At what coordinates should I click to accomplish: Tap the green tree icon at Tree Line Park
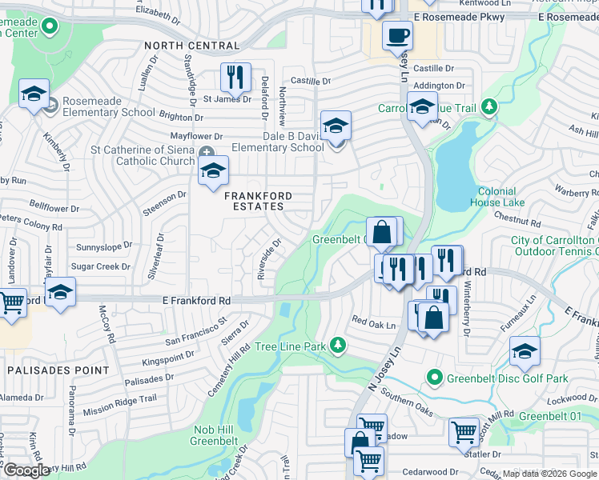coord(339,345)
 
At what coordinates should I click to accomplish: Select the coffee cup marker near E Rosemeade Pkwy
coord(397,35)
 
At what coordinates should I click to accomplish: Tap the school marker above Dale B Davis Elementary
coord(336,126)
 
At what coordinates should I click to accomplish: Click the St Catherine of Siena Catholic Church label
coord(143,155)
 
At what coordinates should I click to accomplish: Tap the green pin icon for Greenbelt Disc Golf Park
coord(434,376)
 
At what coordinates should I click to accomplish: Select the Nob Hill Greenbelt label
coord(215,435)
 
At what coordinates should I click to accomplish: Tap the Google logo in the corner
coord(26,470)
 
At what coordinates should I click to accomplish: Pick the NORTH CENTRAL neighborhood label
coord(191,46)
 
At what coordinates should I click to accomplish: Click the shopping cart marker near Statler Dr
coord(464,432)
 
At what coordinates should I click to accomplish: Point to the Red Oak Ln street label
coord(374,326)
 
